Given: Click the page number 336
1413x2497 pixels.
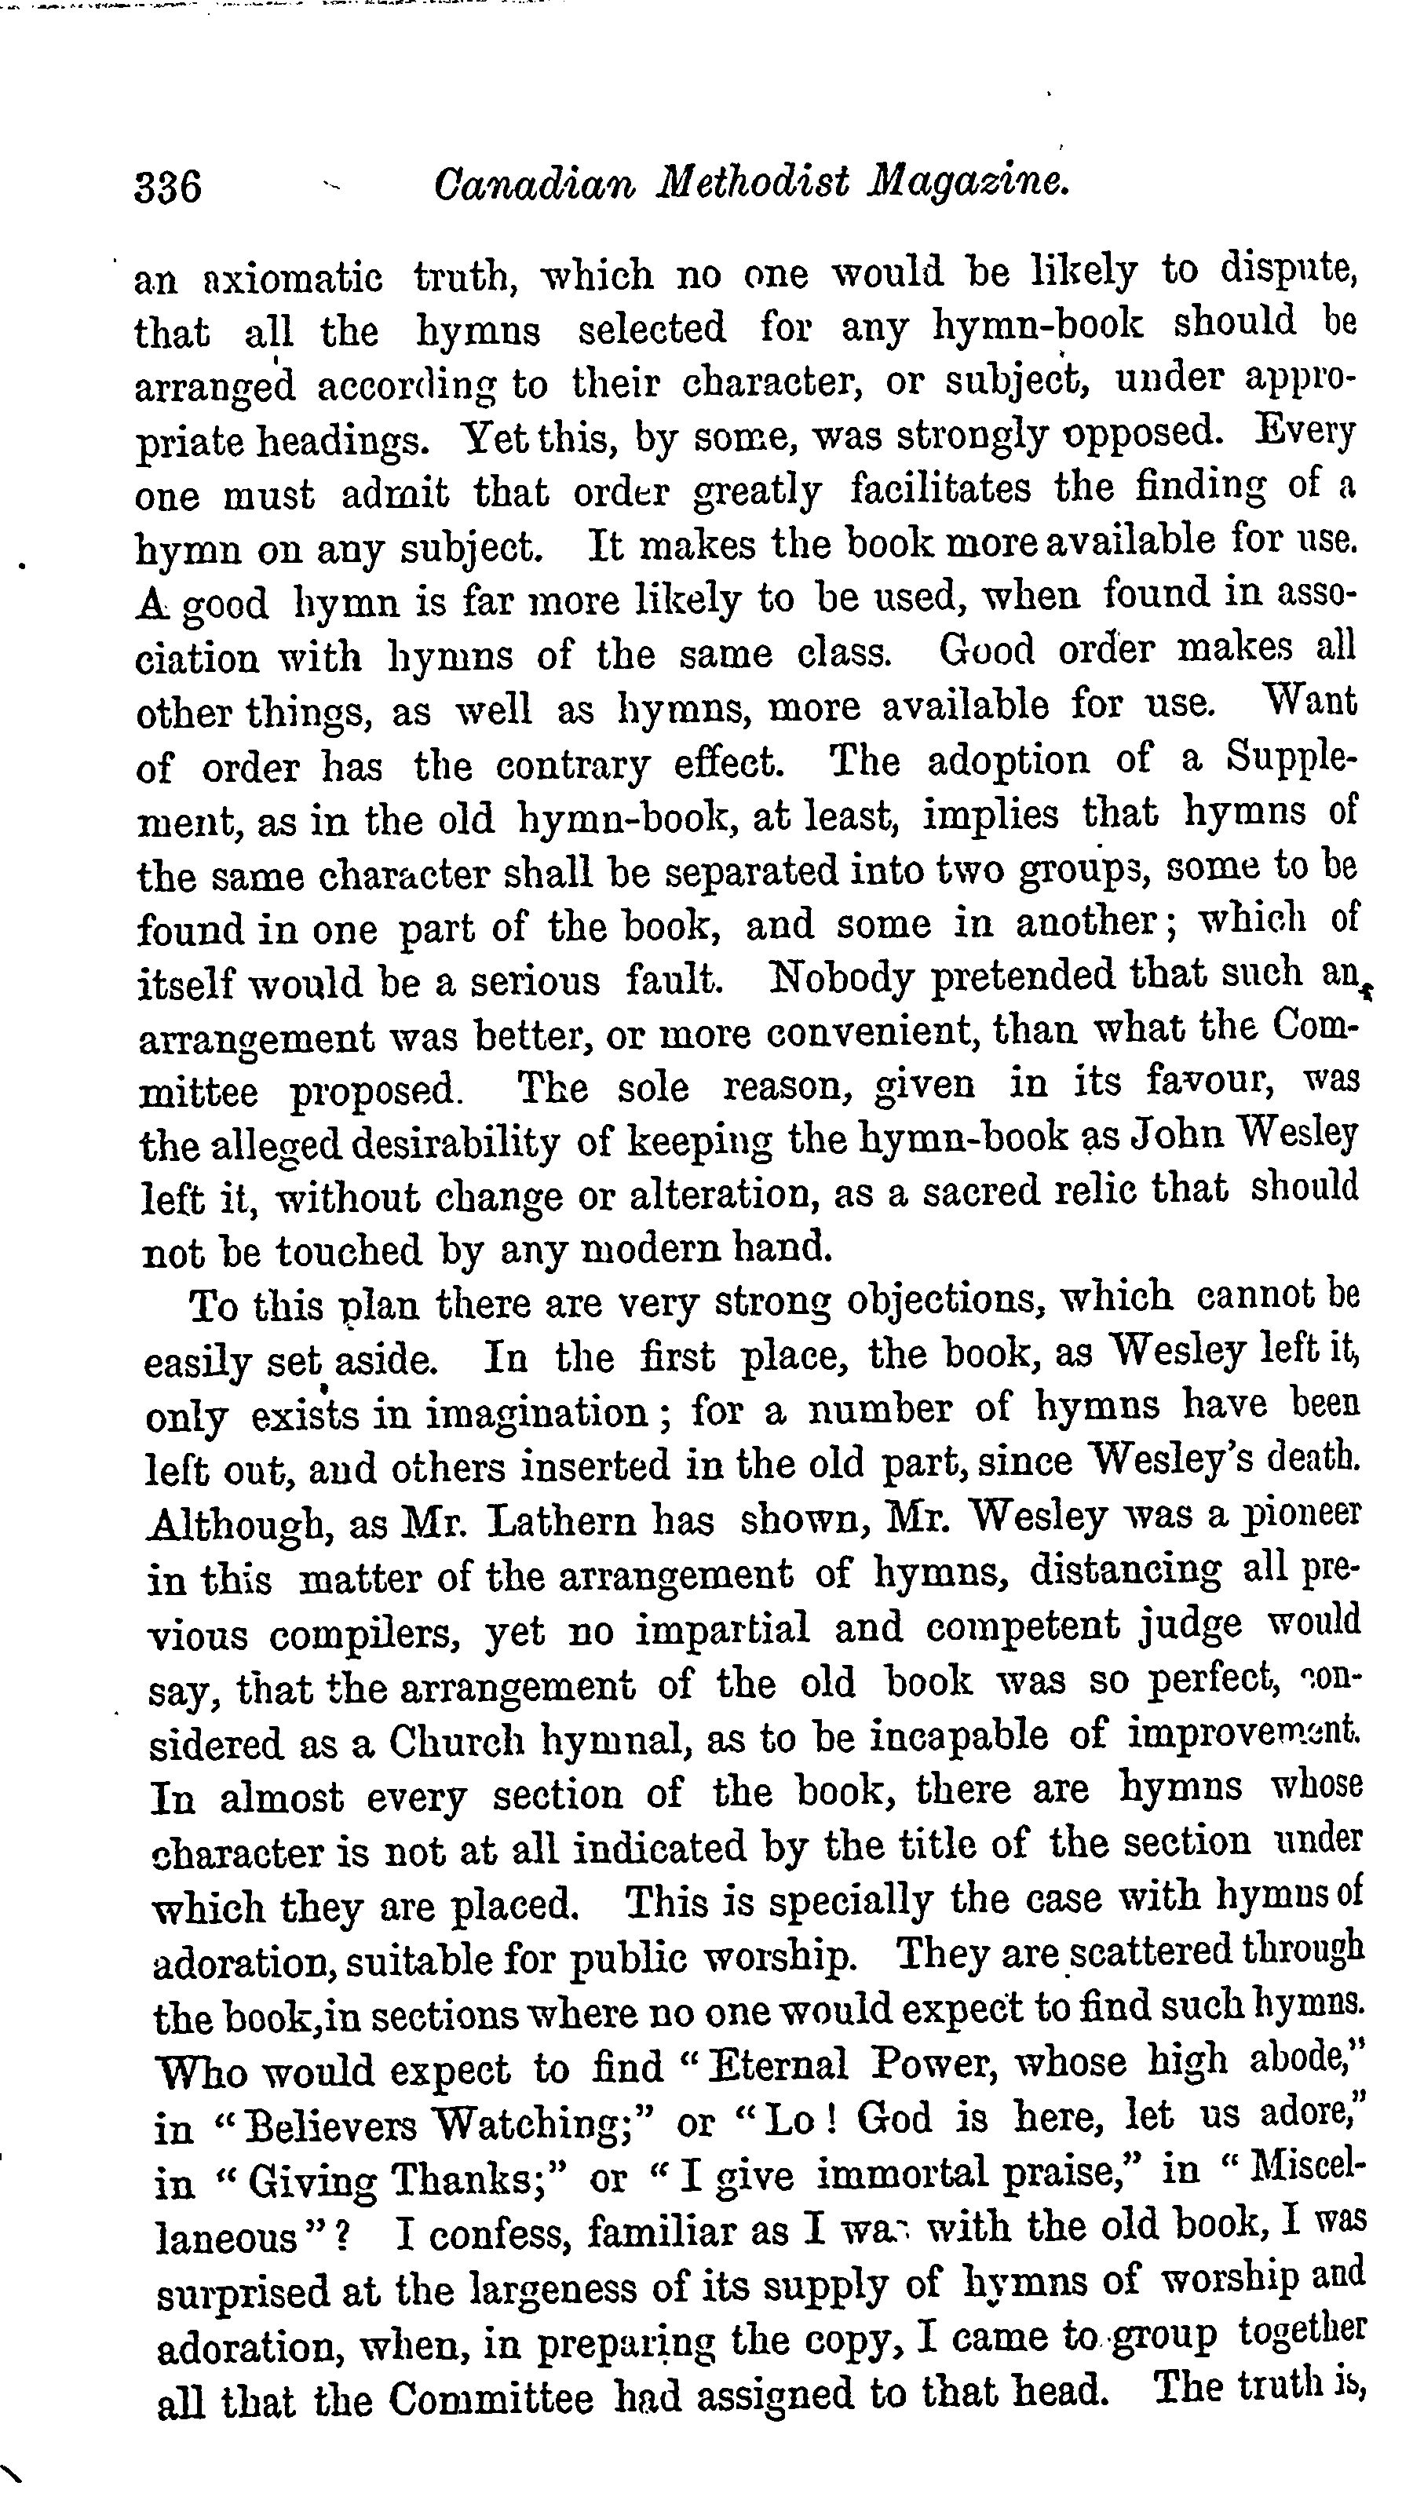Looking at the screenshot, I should pos(168,185).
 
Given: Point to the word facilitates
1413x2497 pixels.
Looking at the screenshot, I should pos(940,488).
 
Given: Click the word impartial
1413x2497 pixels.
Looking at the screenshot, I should pos(722,1629).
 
